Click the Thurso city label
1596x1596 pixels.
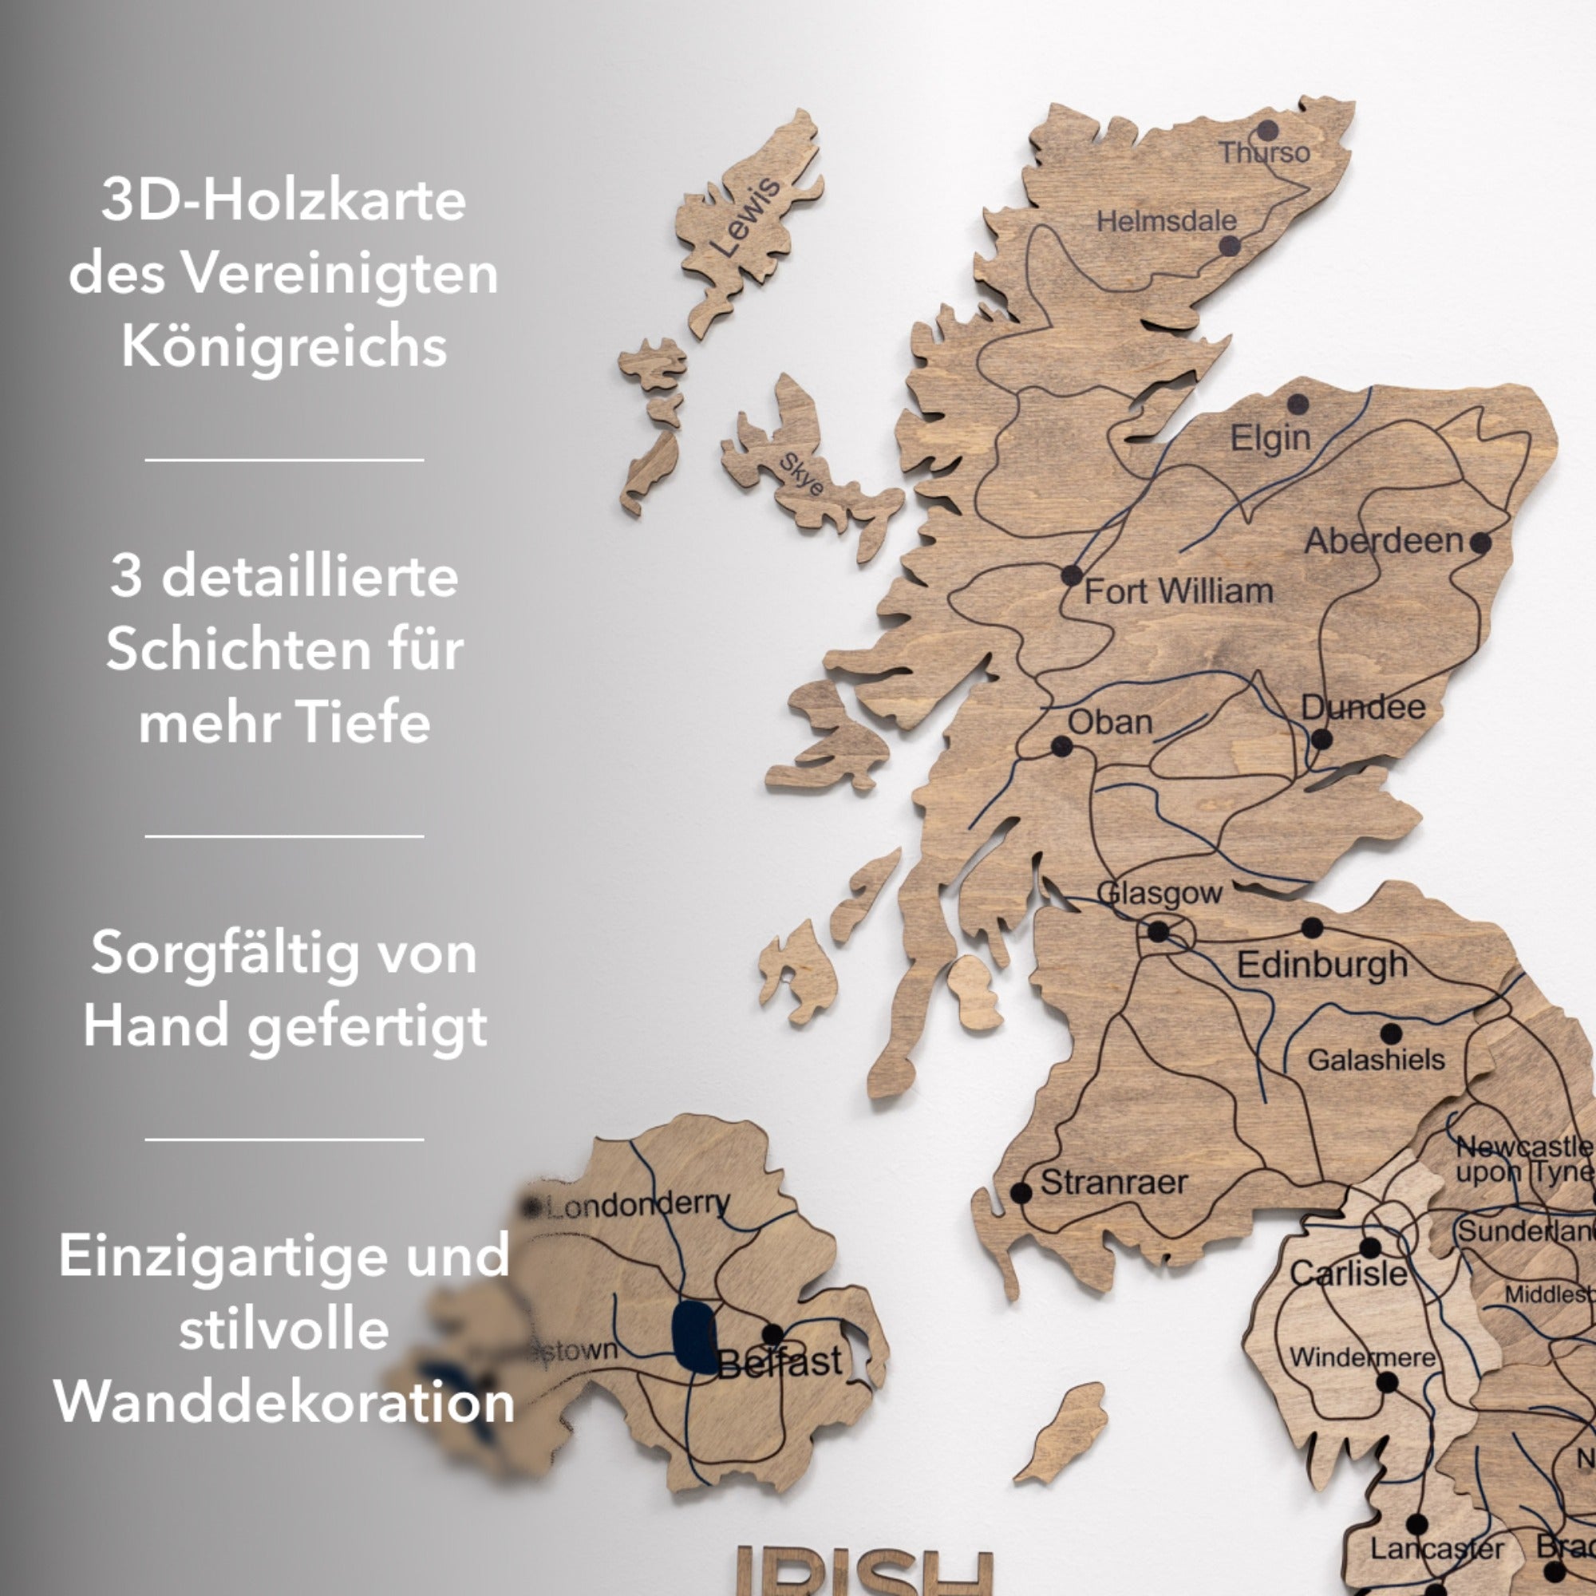[1265, 153]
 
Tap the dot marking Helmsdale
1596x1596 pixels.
[1230, 245]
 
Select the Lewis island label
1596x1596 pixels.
[746, 216]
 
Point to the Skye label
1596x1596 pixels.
[802, 474]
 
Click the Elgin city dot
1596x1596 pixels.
[1298, 404]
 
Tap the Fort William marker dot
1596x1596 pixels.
[1072, 575]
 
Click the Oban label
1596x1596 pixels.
[1109, 723]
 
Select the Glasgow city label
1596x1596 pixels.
[1159, 893]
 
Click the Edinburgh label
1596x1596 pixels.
[1321, 965]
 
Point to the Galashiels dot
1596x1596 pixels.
[1391, 1033]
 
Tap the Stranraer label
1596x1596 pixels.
[1113, 1182]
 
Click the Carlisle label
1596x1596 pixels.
[1348, 1274]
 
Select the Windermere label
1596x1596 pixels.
[1362, 1357]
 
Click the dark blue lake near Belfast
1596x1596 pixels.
[694, 1337]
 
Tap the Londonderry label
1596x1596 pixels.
[638, 1205]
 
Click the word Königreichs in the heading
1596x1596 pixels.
[284, 346]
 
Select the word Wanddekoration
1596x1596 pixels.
[284, 1402]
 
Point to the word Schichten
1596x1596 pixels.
[284, 649]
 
